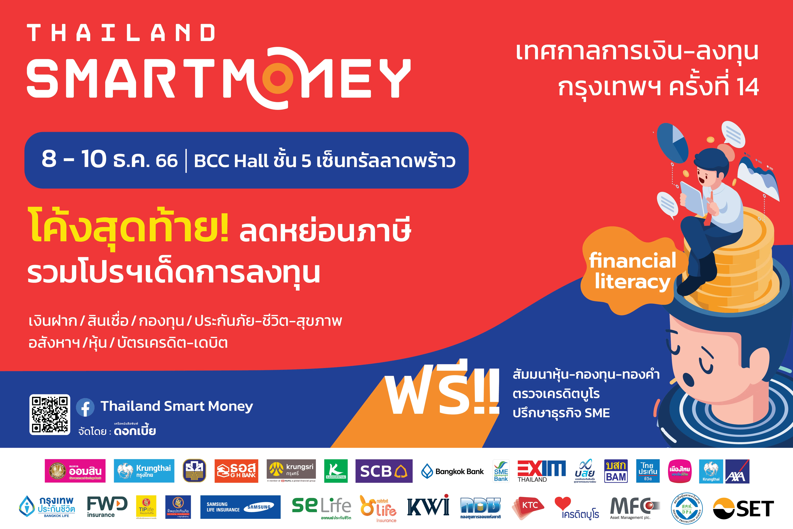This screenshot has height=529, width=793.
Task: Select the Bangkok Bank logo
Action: pyautogui.click(x=452, y=471)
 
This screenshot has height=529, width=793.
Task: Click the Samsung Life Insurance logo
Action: pyautogui.click(x=240, y=507)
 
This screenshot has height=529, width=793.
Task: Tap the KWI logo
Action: pyautogui.click(x=428, y=506)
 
